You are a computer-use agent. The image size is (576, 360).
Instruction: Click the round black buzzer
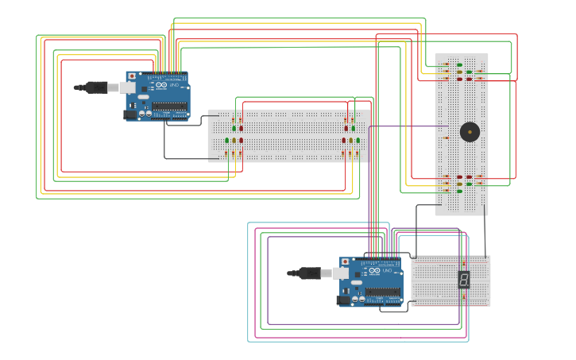pos(470,131)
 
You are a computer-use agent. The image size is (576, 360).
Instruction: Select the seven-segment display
pos(463,279)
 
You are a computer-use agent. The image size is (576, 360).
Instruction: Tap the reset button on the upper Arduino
pos(132,76)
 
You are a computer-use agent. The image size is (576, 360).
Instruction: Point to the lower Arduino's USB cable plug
pos(311,273)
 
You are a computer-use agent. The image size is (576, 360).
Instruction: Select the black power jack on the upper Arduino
pos(130,114)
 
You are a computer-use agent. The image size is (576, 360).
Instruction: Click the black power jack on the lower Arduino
pos(344,300)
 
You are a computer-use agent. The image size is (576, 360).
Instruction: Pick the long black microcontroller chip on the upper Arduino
pos(169,106)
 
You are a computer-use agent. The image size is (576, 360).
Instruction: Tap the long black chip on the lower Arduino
pos(384,292)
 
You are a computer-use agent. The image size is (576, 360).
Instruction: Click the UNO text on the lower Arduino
pos(389,271)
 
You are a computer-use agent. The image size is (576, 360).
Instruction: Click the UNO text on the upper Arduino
pos(175,85)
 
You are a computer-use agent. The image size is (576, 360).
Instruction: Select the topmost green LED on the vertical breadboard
pos(459,65)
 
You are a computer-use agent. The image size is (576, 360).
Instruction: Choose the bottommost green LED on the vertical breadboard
pos(459,191)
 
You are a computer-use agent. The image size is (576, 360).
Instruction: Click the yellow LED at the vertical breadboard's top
pos(459,72)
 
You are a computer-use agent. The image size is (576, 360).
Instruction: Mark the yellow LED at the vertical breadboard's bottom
pos(459,184)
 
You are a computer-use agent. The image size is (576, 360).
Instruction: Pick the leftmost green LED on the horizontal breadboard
pos(226,141)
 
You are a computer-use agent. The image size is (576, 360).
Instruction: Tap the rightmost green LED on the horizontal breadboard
pos(358,141)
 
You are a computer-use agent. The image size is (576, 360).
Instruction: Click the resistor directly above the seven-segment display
pos(463,261)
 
